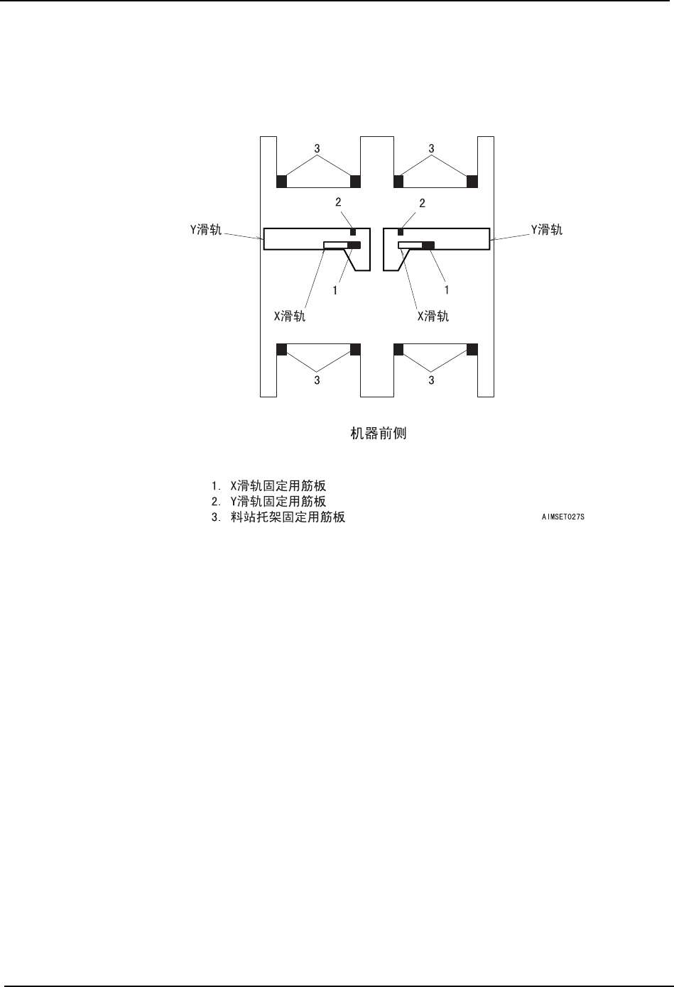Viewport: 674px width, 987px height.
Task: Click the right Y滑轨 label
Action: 547,229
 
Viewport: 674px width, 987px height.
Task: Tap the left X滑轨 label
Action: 290,316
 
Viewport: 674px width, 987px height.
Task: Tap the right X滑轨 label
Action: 433,316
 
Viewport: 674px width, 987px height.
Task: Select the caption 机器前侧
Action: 379,433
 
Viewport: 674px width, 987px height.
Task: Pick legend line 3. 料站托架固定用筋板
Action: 278,517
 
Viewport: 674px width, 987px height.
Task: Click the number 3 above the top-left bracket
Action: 317,148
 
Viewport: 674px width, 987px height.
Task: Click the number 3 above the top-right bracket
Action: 432,148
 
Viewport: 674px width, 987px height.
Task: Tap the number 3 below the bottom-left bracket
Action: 317,380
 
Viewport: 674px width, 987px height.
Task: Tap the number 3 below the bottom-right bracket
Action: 432,380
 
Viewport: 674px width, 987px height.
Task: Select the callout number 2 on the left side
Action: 339,203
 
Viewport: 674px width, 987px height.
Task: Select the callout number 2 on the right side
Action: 422,203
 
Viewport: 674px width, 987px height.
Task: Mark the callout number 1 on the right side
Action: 447,290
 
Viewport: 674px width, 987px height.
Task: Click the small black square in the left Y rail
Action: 353,233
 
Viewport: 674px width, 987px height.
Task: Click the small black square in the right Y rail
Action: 401,233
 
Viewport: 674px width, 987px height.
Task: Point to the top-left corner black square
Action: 281,182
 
